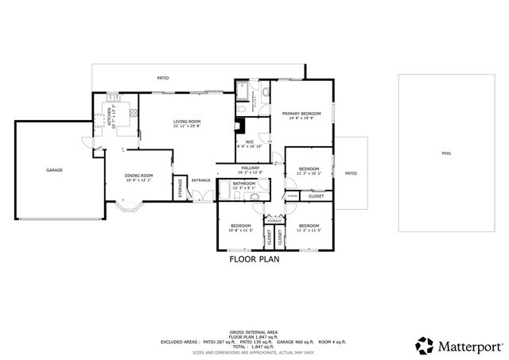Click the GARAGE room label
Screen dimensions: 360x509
(x=54, y=169)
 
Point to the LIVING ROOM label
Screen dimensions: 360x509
(x=187, y=122)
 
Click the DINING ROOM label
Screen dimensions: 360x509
(x=138, y=176)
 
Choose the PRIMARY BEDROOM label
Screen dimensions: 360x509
(x=301, y=114)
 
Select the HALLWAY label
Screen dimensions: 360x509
(x=251, y=168)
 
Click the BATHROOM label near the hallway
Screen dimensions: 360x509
(x=244, y=184)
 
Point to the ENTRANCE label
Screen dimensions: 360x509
(x=201, y=180)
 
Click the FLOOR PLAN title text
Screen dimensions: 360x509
(x=254, y=258)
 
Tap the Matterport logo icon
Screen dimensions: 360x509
(x=424, y=346)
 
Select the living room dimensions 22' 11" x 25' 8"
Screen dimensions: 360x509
(x=187, y=126)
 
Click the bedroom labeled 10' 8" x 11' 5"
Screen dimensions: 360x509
(x=241, y=228)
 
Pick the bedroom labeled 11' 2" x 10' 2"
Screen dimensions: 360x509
(x=309, y=172)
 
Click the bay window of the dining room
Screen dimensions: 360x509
(x=128, y=208)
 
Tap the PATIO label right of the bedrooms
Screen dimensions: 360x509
(x=351, y=172)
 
